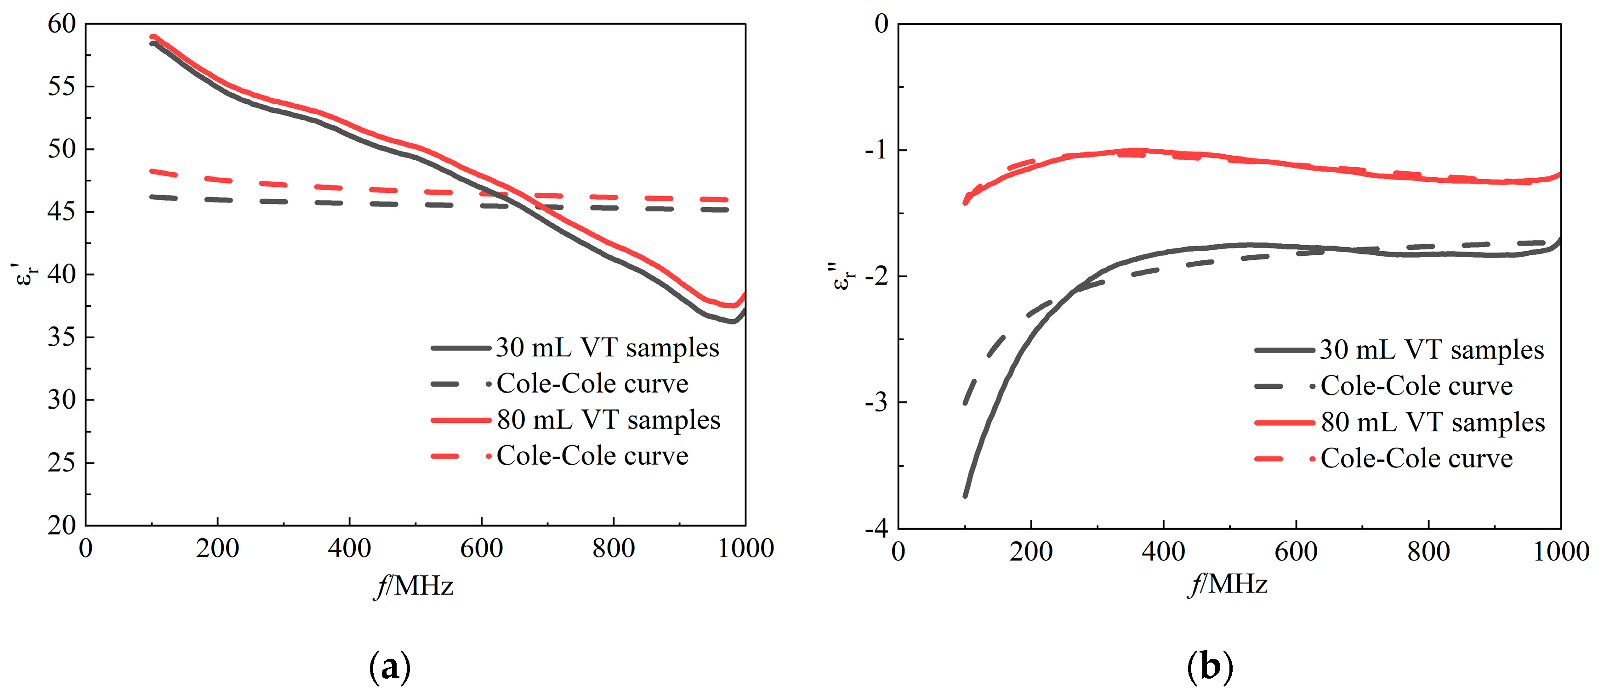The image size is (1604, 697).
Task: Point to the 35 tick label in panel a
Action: click(x=61, y=337)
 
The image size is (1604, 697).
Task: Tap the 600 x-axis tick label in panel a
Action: click(x=481, y=549)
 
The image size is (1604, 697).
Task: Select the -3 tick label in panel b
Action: click(x=876, y=403)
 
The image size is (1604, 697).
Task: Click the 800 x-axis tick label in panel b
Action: click(x=1428, y=551)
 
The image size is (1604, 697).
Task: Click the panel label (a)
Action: click(x=390, y=668)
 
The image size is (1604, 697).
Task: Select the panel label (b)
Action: click(x=1209, y=668)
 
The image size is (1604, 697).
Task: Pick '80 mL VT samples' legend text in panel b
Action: click(x=1432, y=422)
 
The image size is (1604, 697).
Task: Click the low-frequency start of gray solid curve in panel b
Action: click(x=965, y=495)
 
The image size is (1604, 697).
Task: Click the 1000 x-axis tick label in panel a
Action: click(x=745, y=549)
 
